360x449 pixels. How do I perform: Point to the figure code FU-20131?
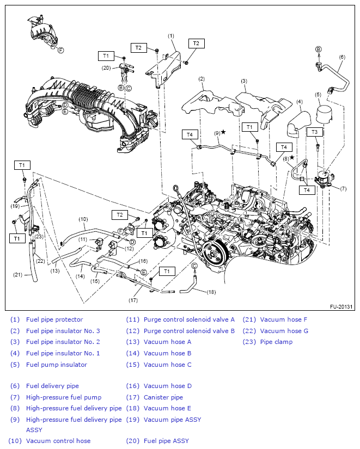[x=341, y=306]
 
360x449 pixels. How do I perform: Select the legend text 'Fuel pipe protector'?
[x=54, y=319]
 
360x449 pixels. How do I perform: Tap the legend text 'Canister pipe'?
[x=163, y=397]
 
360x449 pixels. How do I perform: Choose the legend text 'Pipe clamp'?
[x=276, y=342]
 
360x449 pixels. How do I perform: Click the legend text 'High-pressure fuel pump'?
[x=64, y=397]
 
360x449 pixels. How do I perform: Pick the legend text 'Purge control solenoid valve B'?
[x=189, y=331]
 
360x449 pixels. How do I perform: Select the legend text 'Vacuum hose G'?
[x=284, y=331]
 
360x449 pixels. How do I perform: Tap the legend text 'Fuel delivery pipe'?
[x=52, y=386]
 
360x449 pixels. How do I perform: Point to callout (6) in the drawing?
[x=342, y=57]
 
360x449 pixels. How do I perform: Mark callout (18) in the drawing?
[x=211, y=292]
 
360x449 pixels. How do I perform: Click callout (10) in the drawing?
[x=83, y=219]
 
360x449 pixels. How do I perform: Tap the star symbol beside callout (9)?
[x=223, y=132]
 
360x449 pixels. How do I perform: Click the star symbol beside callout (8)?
[x=292, y=158]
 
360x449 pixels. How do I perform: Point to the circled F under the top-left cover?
[x=61, y=50]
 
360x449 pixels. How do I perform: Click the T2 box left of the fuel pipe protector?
[x=138, y=48]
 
